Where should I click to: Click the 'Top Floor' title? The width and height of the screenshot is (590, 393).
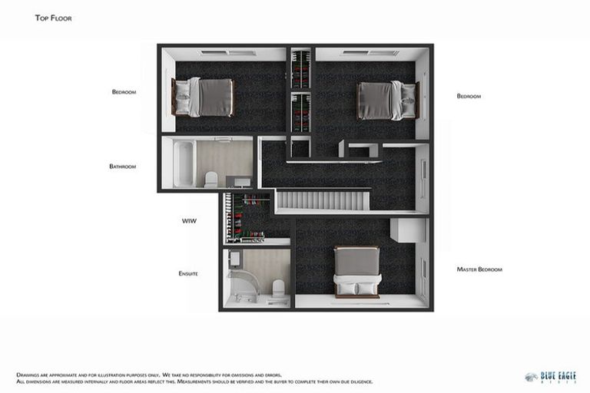click(x=54, y=18)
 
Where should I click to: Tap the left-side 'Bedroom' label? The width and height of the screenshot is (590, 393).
click(x=124, y=92)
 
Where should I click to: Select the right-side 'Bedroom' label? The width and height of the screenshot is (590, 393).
click(x=469, y=96)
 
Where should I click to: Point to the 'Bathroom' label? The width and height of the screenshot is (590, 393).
click(x=122, y=166)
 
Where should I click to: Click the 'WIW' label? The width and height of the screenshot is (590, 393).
click(x=189, y=220)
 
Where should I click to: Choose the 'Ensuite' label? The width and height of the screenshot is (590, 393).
click(x=188, y=273)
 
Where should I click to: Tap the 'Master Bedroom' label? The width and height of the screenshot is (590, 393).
click(x=479, y=269)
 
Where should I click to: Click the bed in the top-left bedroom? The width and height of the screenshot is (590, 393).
click(x=204, y=97)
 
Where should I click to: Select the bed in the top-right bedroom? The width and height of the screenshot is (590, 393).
click(x=386, y=101)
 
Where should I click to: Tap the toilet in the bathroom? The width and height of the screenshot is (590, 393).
click(x=211, y=179)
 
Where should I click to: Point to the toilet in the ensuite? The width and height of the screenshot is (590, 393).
click(x=278, y=288)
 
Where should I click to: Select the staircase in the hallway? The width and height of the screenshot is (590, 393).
click(x=323, y=201)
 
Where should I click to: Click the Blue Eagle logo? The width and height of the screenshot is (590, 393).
click(x=550, y=377)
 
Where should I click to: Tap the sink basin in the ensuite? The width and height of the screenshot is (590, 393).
click(x=235, y=259)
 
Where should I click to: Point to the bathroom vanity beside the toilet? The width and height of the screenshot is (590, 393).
click(x=240, y=182)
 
